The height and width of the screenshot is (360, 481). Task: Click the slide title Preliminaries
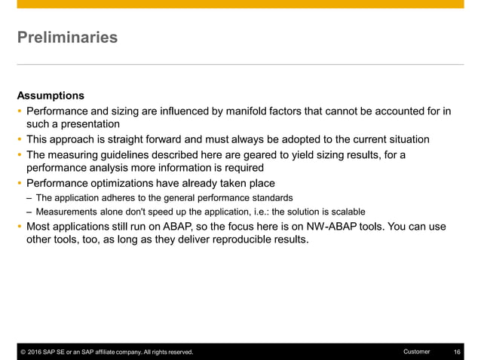(67, 37)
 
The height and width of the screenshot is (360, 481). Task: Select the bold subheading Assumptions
(51, 96)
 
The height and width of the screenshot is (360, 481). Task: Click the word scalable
(344, 212)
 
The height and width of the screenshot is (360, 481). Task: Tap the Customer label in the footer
(417, 352)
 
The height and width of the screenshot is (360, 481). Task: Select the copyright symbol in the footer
(23, 352)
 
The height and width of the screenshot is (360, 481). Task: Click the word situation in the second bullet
(407, 139)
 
